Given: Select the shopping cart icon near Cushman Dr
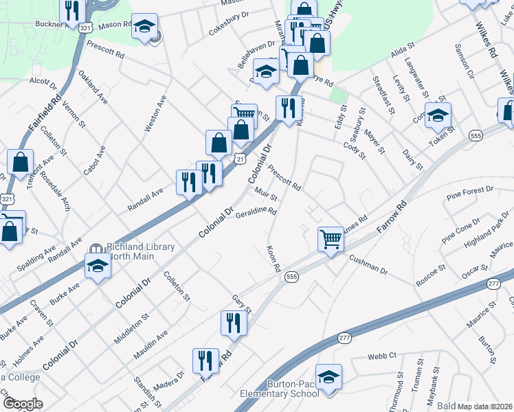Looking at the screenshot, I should click(x=331, y=240).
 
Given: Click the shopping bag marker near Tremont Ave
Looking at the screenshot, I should click(x=21, y=163).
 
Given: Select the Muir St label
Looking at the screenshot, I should click(x=265, y=196).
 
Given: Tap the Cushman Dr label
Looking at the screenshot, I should click(x=368, y=265).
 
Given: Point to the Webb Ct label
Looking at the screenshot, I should click(x=382, y=355).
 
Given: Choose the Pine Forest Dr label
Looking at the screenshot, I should click(x=470, y=192).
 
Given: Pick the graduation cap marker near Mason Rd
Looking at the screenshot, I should click(x=144, y=27).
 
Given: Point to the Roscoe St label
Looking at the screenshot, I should click(x=434, y=273).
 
